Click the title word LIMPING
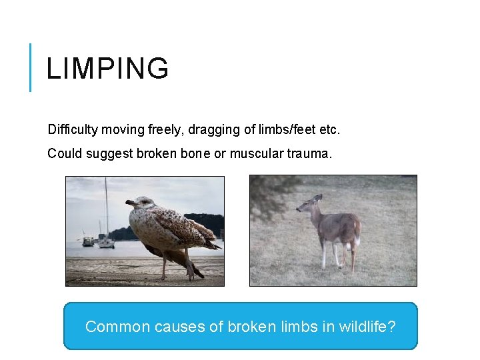[107, 69]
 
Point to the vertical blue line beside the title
[30, 67]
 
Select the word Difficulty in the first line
[71, 127]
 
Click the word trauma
[309, 153]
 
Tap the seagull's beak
[130, 203]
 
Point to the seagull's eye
[141, 201]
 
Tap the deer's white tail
[358, 230]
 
